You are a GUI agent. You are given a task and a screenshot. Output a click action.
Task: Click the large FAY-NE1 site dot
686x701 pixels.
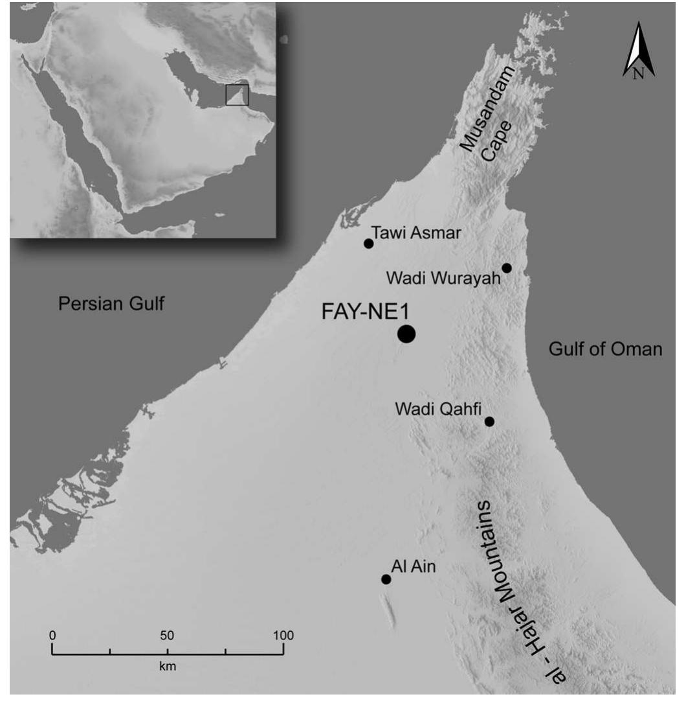coord(406,334)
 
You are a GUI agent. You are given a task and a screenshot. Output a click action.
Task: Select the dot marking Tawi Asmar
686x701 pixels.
coord(369,244)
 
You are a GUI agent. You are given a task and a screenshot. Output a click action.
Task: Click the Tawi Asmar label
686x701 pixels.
coord(417,233)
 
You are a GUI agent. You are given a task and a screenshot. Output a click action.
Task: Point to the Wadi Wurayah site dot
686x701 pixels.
coord(507,268)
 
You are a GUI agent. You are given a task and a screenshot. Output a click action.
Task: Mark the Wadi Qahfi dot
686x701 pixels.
coord(489,421)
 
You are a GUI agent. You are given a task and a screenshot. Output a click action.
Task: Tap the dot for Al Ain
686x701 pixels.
coord(386,579)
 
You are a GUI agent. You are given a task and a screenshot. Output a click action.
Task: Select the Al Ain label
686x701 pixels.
coord(414,567)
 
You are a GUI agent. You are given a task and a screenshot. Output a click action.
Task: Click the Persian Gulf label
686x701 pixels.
coord(111,303)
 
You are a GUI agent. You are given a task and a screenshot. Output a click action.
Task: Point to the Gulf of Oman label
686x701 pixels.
coord(606,349)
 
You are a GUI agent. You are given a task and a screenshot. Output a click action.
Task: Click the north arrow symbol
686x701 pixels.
coord(639,51)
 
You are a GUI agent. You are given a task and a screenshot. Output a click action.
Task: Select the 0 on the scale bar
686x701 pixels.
coord(52,635)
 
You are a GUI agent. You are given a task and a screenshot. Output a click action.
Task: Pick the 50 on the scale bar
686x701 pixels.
coord(168,635)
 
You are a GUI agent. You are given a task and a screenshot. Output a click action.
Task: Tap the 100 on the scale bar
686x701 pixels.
coord(283,635)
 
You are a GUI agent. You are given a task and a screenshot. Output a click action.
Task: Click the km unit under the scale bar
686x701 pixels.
coord(168,665)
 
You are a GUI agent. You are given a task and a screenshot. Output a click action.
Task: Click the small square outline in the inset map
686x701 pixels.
coord(237,95)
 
